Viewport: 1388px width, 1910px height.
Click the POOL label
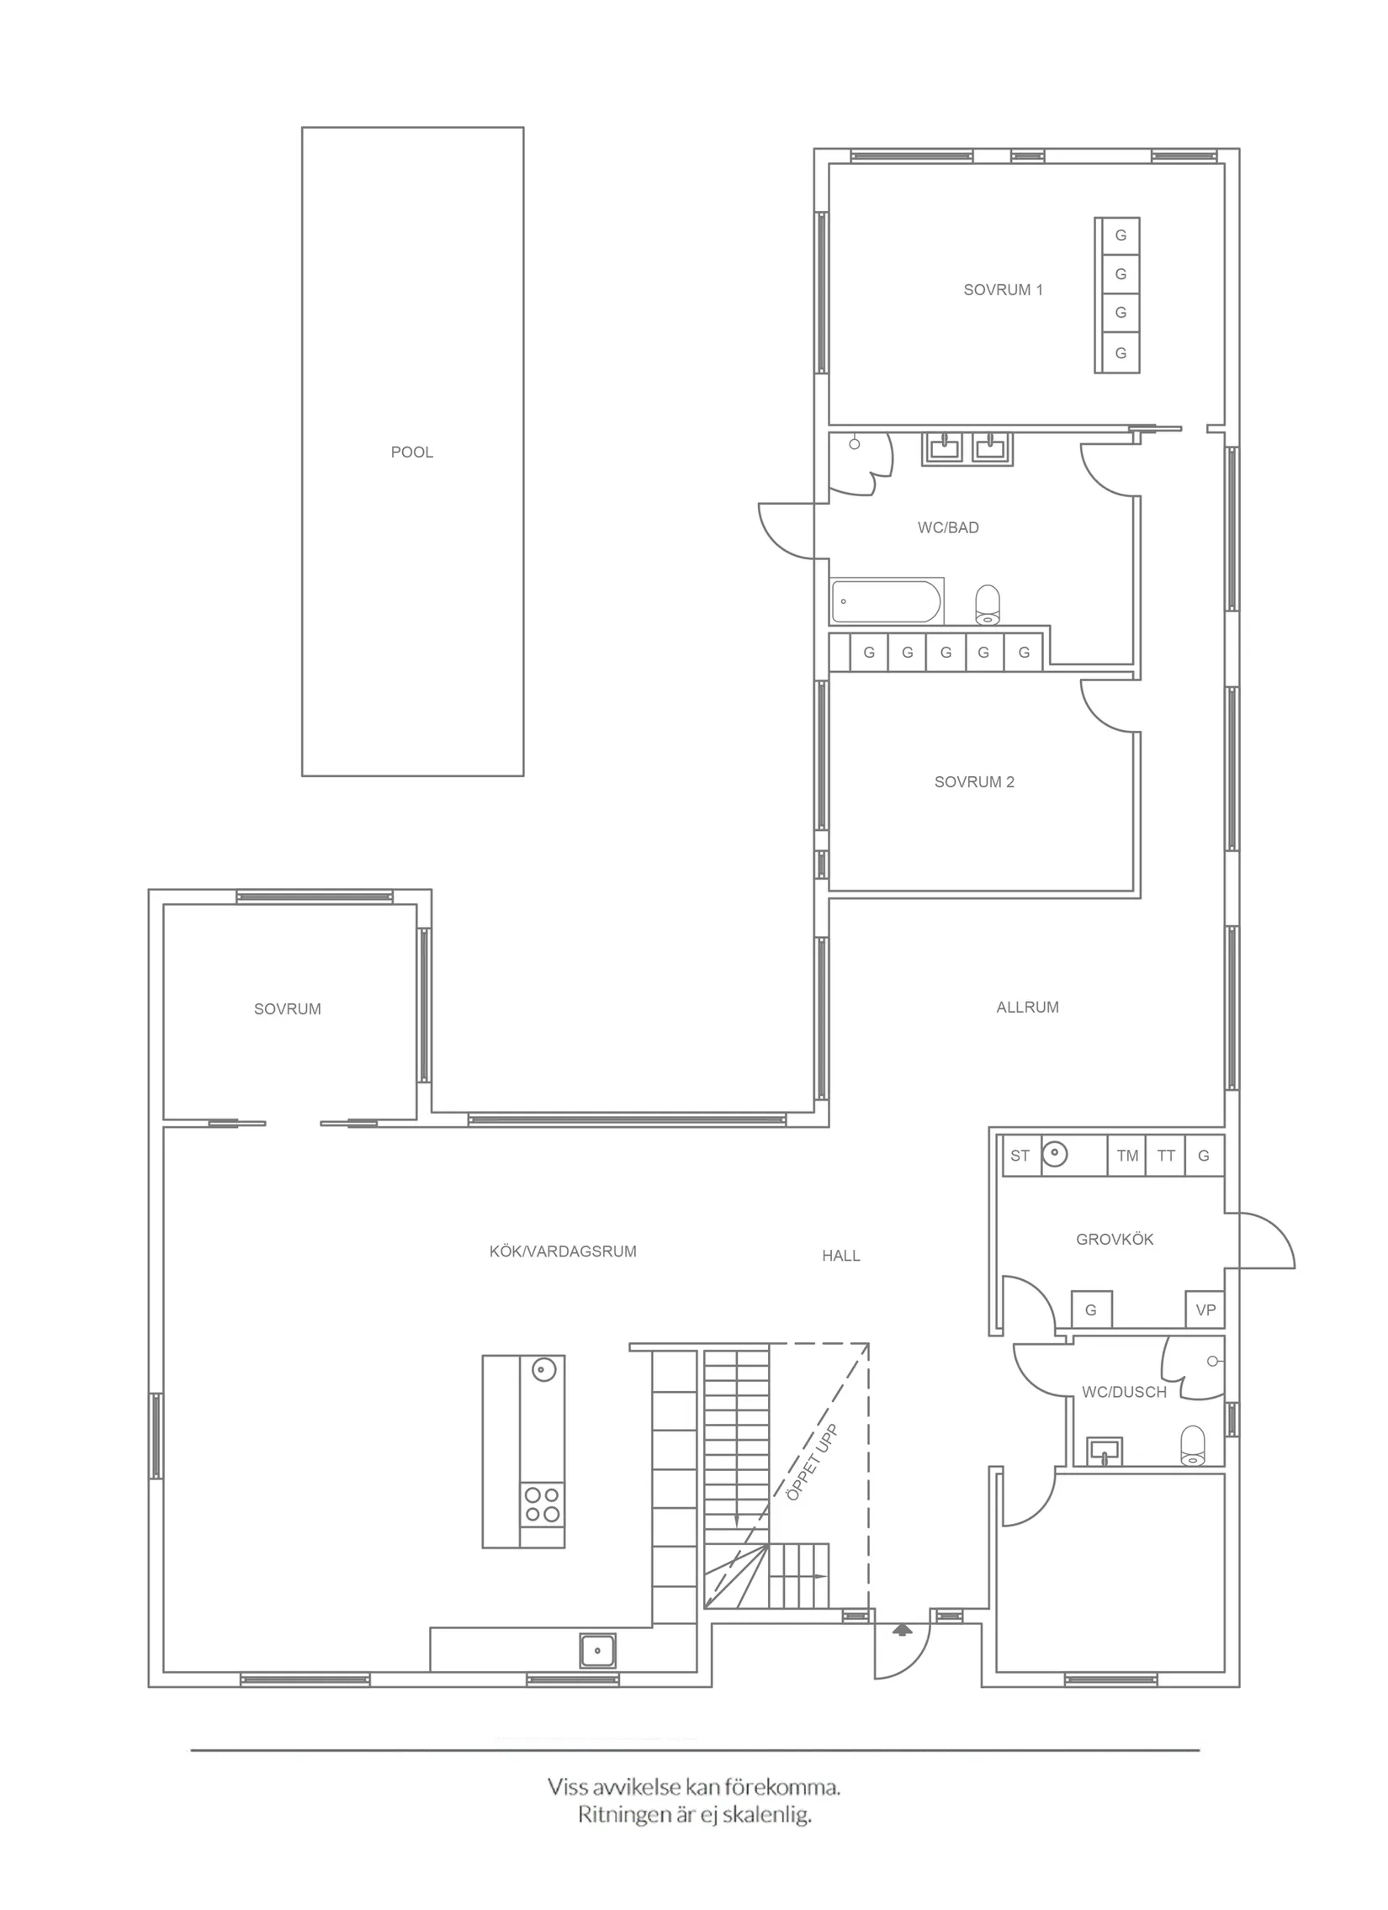(x=412, y=452)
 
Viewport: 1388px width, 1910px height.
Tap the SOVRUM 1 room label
(x=1002, y=289)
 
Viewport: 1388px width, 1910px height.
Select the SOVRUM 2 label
(x=973, y=781)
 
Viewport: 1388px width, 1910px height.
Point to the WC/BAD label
(x=947, y=528)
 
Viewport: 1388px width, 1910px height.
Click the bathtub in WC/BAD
(x=885, y=601)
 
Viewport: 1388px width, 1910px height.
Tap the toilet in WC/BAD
(x=988, y=604)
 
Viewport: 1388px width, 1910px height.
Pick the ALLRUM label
(x=1026, y=1007)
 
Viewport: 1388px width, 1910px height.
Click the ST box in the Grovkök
(x=1020, y=1156)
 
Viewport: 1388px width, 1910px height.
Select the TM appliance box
(x=1127, y=1156)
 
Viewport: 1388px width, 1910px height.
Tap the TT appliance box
(x=1166, y=1156)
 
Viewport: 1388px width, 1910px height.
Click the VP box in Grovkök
(x=1205, y=1309)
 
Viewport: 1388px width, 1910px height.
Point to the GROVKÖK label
(x=1115, y=1239)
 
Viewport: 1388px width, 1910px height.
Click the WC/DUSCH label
(x=1124, y=1392)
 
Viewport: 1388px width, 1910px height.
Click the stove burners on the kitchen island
(x=543, y=1504)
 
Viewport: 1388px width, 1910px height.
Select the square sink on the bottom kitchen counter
(x=597, y=1651)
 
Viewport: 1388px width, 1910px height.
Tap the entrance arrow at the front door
(x=902, y=1629)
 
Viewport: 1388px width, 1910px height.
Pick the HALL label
(x=840, y=1256)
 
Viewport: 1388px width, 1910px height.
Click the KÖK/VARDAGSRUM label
(x=563, y=1251)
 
